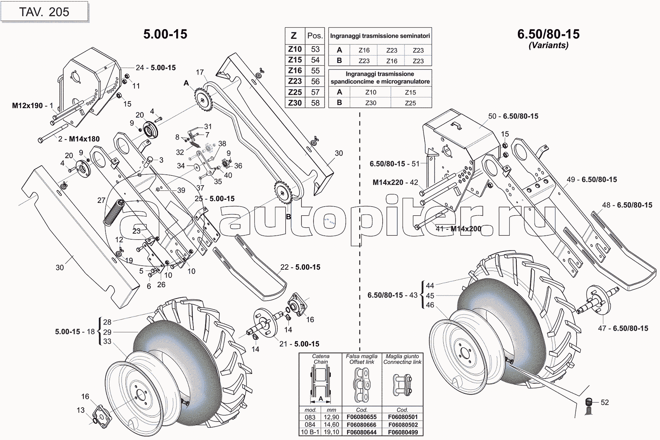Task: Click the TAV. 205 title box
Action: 44,12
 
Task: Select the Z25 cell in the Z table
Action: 295,92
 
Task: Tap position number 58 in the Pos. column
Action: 315,103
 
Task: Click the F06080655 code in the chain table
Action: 361,417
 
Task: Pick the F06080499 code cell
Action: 403,432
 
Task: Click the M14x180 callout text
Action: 84,139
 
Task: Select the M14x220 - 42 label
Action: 395,182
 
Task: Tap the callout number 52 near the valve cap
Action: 604,403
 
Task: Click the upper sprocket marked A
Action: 202,99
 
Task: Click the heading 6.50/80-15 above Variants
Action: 548,34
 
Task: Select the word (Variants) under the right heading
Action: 548,45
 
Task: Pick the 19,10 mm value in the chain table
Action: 331,432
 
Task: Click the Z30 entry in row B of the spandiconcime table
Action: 370,103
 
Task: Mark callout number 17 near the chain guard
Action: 200,72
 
